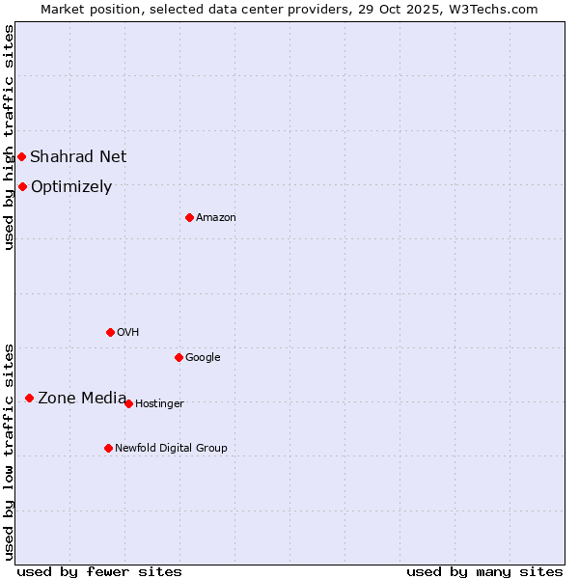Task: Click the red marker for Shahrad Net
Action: pos(21,156)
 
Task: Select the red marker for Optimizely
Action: pos(22,186)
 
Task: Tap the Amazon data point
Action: pos(189,217)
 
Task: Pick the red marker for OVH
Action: pos(110,332)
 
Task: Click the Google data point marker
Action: pos(179,357)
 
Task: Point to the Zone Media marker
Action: pos(29,398)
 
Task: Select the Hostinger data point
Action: pos(128,403)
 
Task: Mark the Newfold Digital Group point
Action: pos(108,448)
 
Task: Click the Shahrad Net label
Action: pos(78,156)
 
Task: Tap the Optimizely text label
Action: pos(71,187)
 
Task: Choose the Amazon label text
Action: pos(216,218)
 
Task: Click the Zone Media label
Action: pos(82,398)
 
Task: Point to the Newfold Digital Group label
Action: pos(171,448)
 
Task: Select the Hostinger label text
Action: pos(159,403)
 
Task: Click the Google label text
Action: pos(203,357)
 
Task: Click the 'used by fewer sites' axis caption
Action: pos(99,571)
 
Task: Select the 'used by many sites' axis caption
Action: pos(484,571)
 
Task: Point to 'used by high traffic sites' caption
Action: pos(9,137)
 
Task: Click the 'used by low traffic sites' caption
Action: pos(9,452)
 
